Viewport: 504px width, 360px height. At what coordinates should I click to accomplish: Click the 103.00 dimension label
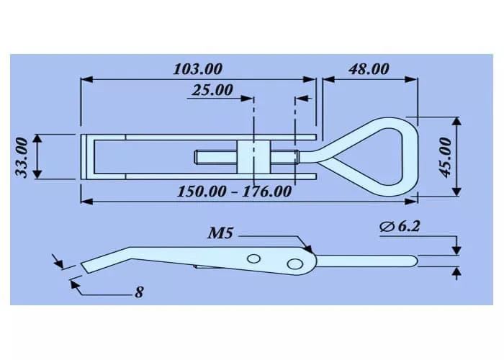click(x=198, y=69)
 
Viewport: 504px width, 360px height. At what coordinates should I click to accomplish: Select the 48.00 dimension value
click(x=369, y=69)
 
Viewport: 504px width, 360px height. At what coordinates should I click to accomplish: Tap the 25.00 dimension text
click(x=212, y=91)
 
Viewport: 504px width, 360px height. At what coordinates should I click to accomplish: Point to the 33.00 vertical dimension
click(x=22, y=156)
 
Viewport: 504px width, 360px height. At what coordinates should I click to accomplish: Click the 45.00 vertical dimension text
click(x=446, y=156)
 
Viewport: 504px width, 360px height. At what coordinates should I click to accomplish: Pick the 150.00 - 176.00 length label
click(x=234, y=192)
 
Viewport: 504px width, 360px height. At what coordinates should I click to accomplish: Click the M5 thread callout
click(x=221, y=233)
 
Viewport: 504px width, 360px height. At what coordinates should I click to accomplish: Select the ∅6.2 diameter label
click(x=400, y=227)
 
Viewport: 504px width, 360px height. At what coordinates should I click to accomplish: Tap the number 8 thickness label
click(x=139, y=293)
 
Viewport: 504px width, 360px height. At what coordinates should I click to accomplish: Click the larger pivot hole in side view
click(x=294, y=264)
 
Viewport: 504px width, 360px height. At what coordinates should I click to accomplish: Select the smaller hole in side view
click(x=253, y=258)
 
